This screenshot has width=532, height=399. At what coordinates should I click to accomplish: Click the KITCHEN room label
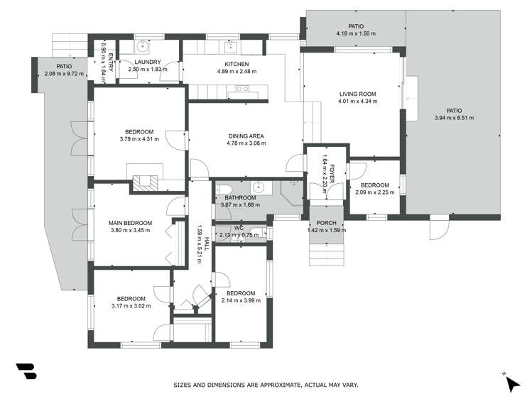pos(237,64)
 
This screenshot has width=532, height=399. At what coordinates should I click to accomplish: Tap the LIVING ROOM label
pos(357,94)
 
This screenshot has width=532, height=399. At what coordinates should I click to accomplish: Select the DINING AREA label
pos(246,136)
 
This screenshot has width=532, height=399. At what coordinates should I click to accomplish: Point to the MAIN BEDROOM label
pos(130,223)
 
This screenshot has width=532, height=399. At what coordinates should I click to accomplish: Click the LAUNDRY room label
pos(148,62)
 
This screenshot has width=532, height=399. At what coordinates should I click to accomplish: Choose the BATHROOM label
pos(240,197)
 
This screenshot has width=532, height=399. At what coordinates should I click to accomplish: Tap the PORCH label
pos(327,223)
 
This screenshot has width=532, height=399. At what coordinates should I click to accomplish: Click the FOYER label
pos(332,173)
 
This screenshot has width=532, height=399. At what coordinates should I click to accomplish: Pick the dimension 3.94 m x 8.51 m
pos(454,118)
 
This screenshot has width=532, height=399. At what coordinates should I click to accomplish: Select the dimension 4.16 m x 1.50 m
pos(356,33)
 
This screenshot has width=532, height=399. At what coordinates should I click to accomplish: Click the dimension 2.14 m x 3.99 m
pos(241,300)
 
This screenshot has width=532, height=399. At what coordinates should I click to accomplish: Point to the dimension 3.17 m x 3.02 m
pos(131,306)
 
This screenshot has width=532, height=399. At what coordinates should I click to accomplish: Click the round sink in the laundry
pos(143,45)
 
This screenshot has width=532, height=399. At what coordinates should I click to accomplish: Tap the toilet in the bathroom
pos(224,189)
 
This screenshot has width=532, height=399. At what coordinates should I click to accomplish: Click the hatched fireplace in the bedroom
pos(145,182)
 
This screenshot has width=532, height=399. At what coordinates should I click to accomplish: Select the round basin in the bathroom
pos(259,187)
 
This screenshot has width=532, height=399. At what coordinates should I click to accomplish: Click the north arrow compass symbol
pos(513,383)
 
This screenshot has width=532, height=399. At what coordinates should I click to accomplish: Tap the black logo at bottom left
pos(26,371)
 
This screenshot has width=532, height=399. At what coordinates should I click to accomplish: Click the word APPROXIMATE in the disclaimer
pos(280,385)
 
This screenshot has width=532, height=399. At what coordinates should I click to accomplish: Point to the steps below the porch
pos(327,255)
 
